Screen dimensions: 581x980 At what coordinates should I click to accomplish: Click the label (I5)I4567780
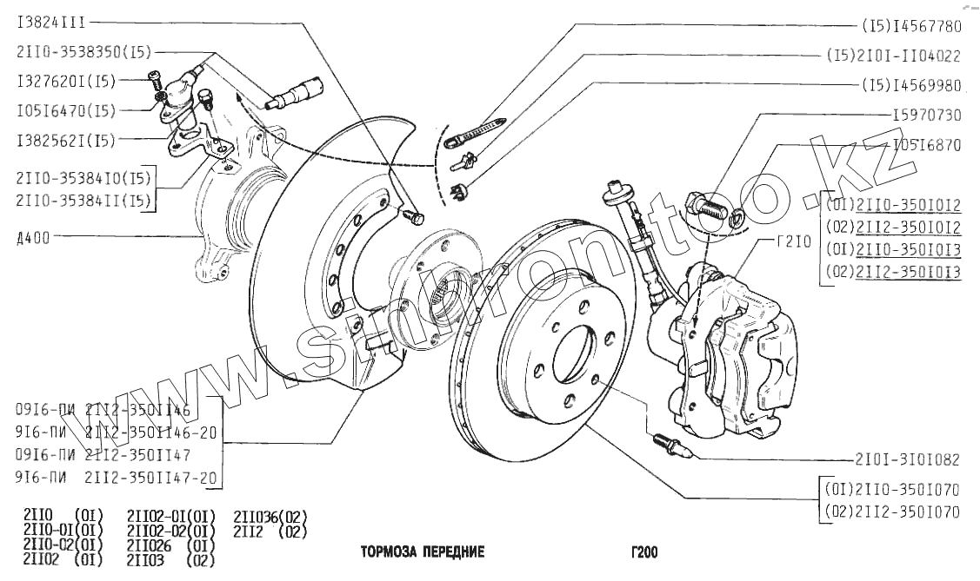(911, 26)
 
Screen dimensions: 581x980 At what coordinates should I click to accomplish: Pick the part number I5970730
(927, 115)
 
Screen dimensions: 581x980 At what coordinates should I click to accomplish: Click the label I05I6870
(927, 145)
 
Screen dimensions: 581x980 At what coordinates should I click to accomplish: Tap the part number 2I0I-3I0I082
(907, 459)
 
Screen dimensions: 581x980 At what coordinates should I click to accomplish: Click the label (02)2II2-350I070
(892, 512)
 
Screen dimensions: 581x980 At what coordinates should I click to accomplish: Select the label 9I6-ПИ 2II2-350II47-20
(117, 477)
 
